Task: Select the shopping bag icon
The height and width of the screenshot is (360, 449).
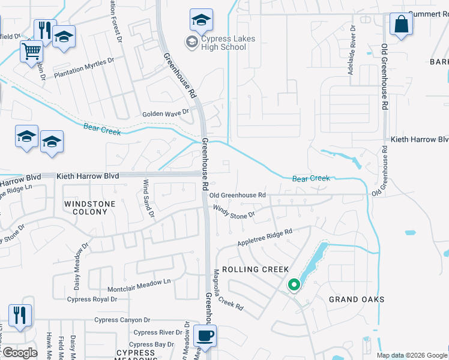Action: coord(400,25)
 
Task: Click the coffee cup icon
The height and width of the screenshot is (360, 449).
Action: coord(205,335)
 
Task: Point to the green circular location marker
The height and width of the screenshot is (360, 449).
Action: coord(294,285)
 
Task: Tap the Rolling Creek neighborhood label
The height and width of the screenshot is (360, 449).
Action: coord(256,269)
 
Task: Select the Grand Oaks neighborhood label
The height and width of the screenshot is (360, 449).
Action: coord(357,299)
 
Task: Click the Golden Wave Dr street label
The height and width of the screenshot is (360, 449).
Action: coord(165,112)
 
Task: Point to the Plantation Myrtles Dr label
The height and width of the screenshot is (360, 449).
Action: coord(84,68)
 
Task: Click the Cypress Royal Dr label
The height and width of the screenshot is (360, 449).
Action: coord(92,299)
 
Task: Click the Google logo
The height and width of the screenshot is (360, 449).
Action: coord(19,352)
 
